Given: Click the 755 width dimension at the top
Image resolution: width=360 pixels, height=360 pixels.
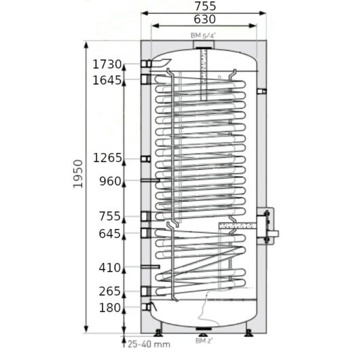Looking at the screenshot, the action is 205,6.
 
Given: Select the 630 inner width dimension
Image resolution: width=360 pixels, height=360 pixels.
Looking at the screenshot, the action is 205,19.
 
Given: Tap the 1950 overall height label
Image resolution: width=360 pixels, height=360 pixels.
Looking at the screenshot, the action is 78,174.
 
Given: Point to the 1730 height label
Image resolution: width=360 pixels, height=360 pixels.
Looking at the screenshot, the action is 107,65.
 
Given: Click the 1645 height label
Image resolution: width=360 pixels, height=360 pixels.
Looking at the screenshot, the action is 107,80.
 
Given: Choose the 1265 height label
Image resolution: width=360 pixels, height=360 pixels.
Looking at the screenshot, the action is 107,158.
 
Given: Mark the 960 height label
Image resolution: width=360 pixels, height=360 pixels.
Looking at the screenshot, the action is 110,181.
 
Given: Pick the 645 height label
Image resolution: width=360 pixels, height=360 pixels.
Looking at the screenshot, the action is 109,234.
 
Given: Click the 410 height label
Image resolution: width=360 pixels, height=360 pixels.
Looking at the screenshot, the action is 109,268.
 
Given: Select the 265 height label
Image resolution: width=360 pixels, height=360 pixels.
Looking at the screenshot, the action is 109,291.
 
